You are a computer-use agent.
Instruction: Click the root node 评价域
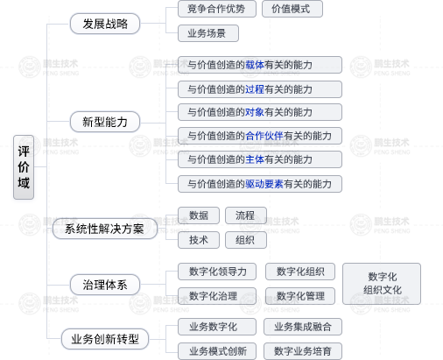(24, 167)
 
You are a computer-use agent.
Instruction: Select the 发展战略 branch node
(105, 24)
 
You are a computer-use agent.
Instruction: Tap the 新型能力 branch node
(105, 122)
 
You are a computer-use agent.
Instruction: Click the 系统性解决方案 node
(105, 229)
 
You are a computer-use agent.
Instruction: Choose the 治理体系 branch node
(105, 285)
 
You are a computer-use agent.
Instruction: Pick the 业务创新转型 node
(105, 339)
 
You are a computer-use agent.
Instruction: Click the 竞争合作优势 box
(217, 9)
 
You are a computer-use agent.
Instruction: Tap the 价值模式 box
(292, 9)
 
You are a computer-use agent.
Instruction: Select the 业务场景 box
(208, 33)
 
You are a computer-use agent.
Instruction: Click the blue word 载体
(255, 65)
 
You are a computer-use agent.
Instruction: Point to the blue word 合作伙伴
(264, 136)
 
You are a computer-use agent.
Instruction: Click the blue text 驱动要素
(264, 184)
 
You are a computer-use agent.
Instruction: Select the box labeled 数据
(199, 215)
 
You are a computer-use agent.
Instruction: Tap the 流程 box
(246, 215)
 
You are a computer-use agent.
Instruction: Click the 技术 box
(199, 240)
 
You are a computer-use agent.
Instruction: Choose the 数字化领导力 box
(217, 272)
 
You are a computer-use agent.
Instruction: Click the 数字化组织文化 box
(382, 284)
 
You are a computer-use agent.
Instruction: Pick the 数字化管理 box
(300, 296)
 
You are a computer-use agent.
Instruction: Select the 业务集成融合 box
(303, 327)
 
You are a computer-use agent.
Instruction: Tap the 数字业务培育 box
(303, 351)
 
